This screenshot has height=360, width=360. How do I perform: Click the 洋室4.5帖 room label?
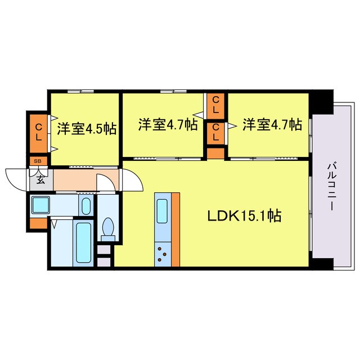(x=87, y=128)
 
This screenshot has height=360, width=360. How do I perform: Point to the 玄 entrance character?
(x=41, y=180)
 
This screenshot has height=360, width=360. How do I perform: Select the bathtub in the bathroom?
(x=84, y=244)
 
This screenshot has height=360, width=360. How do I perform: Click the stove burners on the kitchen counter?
(x=163, y=254)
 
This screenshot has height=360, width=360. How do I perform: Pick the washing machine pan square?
(x=41, y=205)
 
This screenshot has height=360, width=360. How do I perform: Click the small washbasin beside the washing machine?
(x=85, y=206)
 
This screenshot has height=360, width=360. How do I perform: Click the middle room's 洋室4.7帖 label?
(x=168, y=125)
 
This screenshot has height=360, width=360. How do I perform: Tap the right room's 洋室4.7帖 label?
(x=272, y=125)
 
